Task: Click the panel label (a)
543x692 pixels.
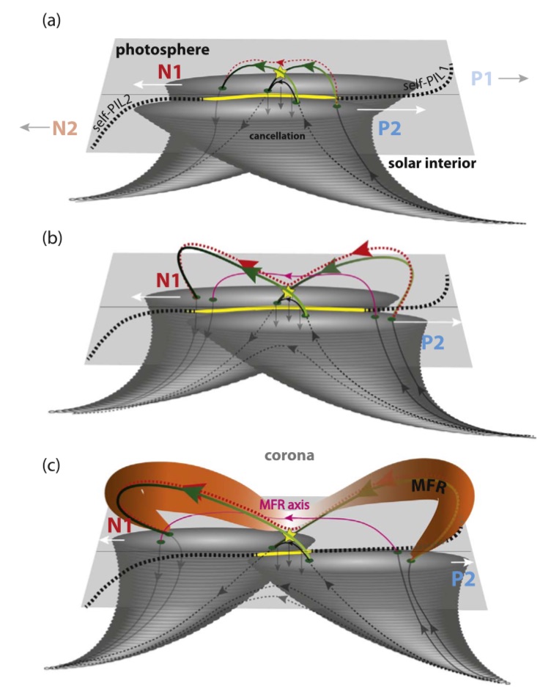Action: click(x=51, y=21)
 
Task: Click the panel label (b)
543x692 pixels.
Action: click(x=51, y=238)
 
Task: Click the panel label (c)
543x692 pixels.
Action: click(x=51, y=465)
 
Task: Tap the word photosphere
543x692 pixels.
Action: click(x=163, y=50)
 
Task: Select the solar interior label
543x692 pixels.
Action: click(x=432, y=164)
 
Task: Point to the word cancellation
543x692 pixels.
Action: click(x=277, y=136)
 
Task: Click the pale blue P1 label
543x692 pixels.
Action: click(x=481, y=79)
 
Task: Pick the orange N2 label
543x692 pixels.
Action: click(x=64, y=128)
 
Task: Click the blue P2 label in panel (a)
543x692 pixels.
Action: click(x=390, y=128)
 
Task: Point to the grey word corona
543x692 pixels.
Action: click(x=289, y=456)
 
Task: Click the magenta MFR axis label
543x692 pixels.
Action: click(x=284, y=504)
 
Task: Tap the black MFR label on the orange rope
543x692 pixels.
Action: click(x=429, y=487)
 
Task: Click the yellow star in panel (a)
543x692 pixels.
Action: click(x=280, y=73)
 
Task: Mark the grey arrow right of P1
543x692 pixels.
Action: click(x=514, y=79)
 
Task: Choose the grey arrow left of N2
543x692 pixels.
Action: click(x=35, y=128)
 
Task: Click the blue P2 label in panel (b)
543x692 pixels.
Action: click(x=432, y=343)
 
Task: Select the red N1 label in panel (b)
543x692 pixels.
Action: click(x=168, y=280)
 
